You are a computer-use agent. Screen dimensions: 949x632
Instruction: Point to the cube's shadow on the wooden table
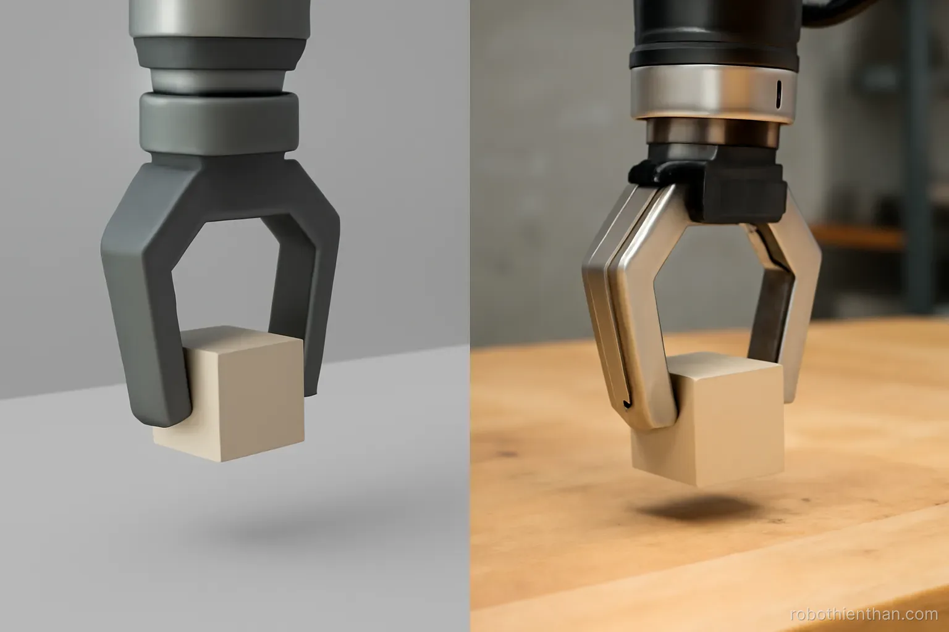click(699, 509)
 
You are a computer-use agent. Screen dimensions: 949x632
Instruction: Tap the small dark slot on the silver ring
click(778, 94)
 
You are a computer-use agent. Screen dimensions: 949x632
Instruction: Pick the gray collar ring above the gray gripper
click(219, 123)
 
